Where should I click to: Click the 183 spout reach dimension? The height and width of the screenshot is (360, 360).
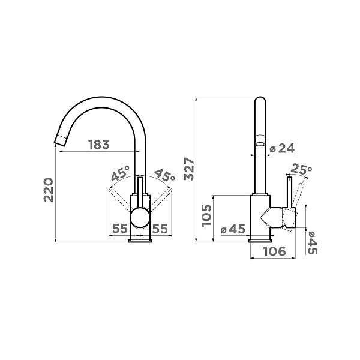99,145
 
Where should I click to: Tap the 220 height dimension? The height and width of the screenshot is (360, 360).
49,190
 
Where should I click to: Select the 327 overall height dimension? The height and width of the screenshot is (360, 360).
190,169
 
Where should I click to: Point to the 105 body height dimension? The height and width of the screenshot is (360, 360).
206,215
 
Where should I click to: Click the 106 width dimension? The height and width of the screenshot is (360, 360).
275,251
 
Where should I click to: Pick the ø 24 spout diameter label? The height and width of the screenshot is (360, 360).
282,148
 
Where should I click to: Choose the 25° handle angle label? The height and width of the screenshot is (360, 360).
301,169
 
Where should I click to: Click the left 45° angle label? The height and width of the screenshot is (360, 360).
121,173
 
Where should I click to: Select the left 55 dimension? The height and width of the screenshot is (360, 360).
119,229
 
